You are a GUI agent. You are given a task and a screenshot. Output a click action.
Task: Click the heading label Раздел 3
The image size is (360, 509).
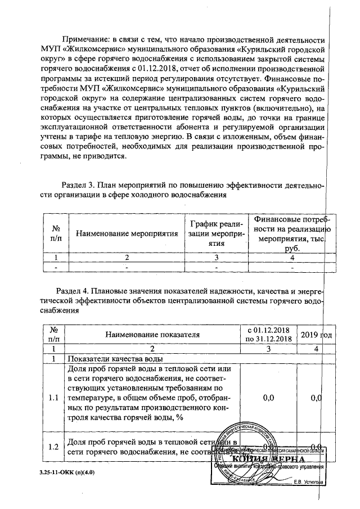pyautogui.click(x=77, y=184)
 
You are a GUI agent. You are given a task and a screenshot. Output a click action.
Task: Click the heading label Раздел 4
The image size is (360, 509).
pyautogui.click(x=74, y=291)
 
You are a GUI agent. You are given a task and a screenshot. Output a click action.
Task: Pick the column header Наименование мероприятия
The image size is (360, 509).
pyautogui.click(x=127, y=233)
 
